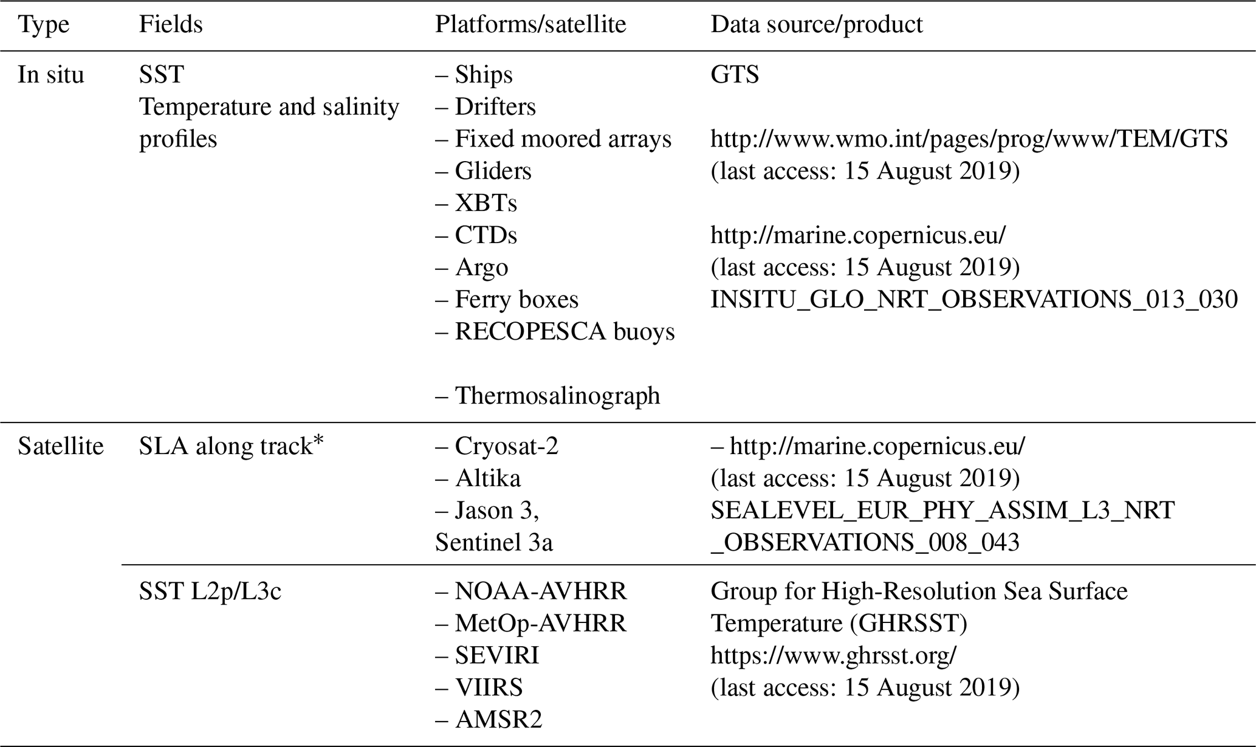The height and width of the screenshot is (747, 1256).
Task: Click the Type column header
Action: pyautogui.click(x=44, y=25)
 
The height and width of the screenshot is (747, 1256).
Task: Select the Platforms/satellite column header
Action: pyautogui.click(x=530, y=25)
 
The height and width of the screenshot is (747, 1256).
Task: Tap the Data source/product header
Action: pyautogui.click(x=816, y=25)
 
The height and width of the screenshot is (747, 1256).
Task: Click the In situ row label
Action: pyautogui.click(x=51, y=75)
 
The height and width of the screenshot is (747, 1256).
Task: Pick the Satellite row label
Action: pyautogui.click(x=61, y=447)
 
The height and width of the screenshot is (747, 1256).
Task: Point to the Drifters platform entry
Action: pyautogui.click(x=495, y=107)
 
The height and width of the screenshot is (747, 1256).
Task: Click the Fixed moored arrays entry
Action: pyautogui.click(x=562, y=139)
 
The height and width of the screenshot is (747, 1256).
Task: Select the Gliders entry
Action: pyautogui.click(x=492, y=171)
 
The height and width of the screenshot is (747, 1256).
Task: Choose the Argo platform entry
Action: pyautogui.click(x=481, y=267)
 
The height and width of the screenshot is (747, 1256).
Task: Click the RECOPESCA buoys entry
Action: pyautogui.click(x=565, y=332)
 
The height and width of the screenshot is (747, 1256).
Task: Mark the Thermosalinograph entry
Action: pyautogui.click(x=557, y=396)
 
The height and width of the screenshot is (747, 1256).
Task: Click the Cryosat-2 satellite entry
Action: pyautogui.click(x=506, y=447)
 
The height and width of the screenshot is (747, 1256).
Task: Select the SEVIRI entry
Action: pyautogui.click(x=496, y=656)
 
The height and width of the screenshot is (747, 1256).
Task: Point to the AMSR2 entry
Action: pyautogui.click(x=498, y=720)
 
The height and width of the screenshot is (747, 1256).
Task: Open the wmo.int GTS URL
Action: pyautogui.click(x=969, y=139)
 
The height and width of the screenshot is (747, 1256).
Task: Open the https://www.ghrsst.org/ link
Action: pyautogui.click(x=833, y=656)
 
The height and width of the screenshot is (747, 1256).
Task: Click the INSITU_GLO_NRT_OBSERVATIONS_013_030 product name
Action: pyautogui.click(x=973, y=300)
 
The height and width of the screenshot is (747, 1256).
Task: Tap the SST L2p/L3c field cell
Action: pyautogui.click(x=210, y=591)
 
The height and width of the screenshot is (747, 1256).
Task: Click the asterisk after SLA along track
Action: pyautogui.click(x=318, y=440)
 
